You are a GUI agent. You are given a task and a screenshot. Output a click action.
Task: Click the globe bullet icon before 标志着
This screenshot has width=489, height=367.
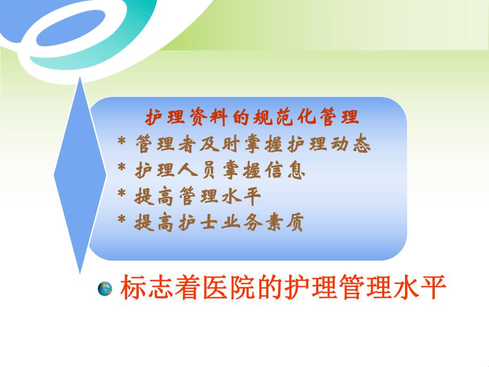[105, 289]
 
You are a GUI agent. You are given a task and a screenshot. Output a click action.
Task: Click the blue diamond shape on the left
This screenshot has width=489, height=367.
[80, 176]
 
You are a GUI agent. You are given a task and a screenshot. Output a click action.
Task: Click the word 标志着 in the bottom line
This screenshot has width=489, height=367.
[161, 289]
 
